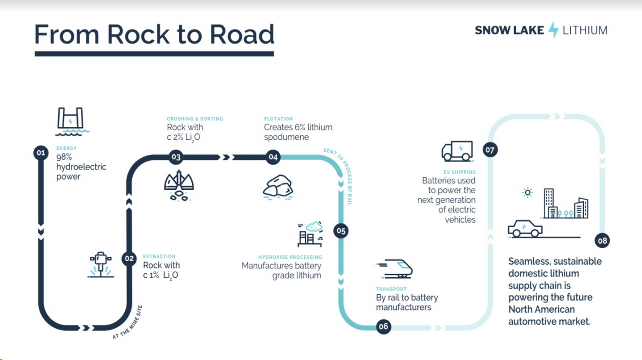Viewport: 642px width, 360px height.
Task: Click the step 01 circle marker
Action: click(x=41, y=153)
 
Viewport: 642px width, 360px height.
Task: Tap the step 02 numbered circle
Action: click(x=129, y=259)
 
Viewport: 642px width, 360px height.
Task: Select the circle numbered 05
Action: click(x=341, y=231)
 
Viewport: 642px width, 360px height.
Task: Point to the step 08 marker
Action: click(x=602, y=241)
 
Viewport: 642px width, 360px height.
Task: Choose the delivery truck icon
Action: click(x=457, y=151)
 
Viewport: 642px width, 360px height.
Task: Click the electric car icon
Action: click(x=525, y=229)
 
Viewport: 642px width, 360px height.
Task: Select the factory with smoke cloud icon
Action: click(x=310, y=234)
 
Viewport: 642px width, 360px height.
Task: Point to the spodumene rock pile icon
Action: click(x=278, y=186)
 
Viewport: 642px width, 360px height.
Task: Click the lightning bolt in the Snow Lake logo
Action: click(x=553, y=30)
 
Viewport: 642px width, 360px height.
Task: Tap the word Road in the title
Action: click(x=242, y=34)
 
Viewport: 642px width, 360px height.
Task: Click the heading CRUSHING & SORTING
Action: click(x=195, y=119)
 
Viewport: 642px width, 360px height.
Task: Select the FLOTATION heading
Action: click(x=278, y=119)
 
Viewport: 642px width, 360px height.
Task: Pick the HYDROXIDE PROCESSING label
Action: click(x=290, y=257)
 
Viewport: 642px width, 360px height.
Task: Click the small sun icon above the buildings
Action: click(x=528, y=192)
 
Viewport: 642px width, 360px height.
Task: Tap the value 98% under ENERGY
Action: click(x=64, y=157)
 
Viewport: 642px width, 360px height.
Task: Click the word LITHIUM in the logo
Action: click(x=585, y=30)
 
